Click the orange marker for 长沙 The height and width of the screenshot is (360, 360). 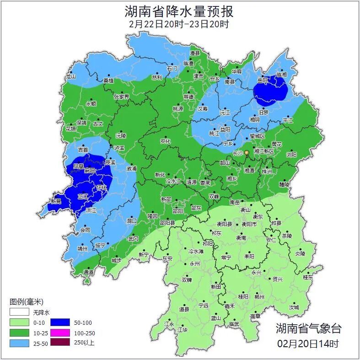tap(247, 152)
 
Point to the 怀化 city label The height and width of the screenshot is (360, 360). tap(102, 188)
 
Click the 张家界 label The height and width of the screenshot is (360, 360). tap(121, 97)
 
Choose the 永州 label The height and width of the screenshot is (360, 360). tap(194, 264)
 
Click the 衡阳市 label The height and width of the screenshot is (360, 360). tap(249, 224)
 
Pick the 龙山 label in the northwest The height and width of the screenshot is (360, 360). tap(70, 77)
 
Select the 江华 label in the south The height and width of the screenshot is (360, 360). tap(183, 329)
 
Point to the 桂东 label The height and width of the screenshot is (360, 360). tap(308, 277)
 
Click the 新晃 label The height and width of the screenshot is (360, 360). tap(56, 202)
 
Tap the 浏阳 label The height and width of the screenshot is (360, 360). tap(291, 155)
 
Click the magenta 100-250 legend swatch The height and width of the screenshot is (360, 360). tap(60, 333)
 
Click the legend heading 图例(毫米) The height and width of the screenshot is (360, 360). tap(26, 302)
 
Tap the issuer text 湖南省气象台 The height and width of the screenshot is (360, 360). tap(308, 328)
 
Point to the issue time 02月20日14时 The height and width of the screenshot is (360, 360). tap(308, 343)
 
